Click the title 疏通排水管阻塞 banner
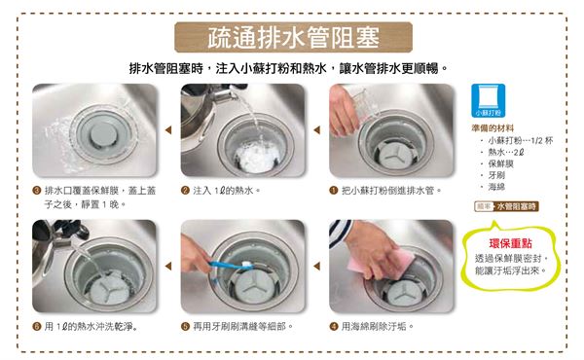(x=293, y=37)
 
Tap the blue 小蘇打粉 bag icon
(x=488, y=100)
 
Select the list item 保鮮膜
(x=501, y=163)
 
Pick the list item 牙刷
(x=496, y=175)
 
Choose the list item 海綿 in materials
(x=496, y=187)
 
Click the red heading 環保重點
(x=510, y=243)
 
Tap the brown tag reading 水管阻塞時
(x=516, y=206)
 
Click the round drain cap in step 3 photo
(x=103, y=133)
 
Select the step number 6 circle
(x=37, y=327)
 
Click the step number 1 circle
(x=333, y=191)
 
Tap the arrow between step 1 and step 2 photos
(x=317, y=130)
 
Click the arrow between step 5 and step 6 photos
(x=168, y=267)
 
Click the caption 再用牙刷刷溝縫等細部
(x=242, y=327)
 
